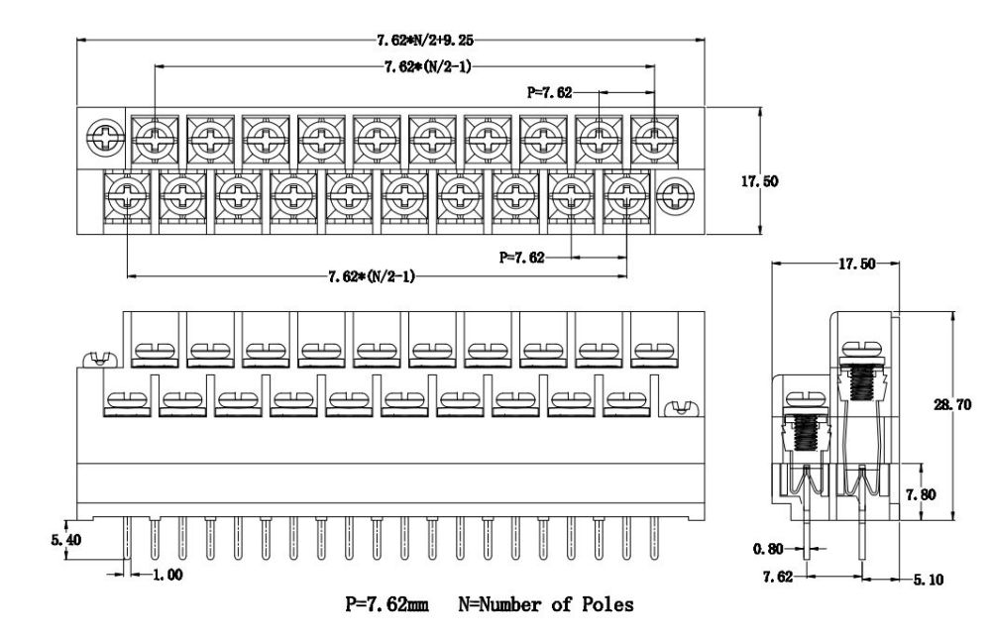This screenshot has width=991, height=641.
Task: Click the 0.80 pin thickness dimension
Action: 768,548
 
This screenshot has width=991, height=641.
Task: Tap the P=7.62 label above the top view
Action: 550,92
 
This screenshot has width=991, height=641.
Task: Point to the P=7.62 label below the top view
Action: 521,258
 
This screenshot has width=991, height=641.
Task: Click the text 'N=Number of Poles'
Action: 545,604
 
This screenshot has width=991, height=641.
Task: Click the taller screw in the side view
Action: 860,376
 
